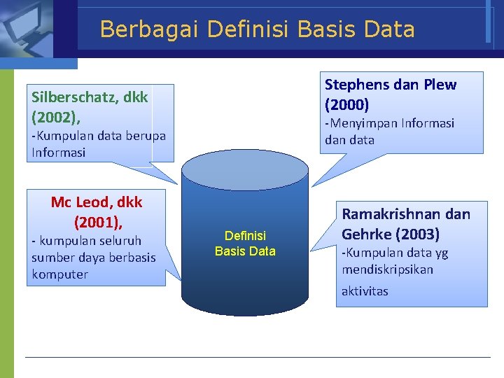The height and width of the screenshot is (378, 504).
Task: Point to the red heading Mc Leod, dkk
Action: (97, 202)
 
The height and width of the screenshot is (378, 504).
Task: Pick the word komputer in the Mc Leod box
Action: (59, 274)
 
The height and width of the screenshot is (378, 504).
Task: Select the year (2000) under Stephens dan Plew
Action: (346, 104)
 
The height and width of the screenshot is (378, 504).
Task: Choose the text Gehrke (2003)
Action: (391, 234)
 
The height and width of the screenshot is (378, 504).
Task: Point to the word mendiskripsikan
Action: (387, 269)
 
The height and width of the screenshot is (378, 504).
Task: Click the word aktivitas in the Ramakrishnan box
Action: (364, 291)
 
